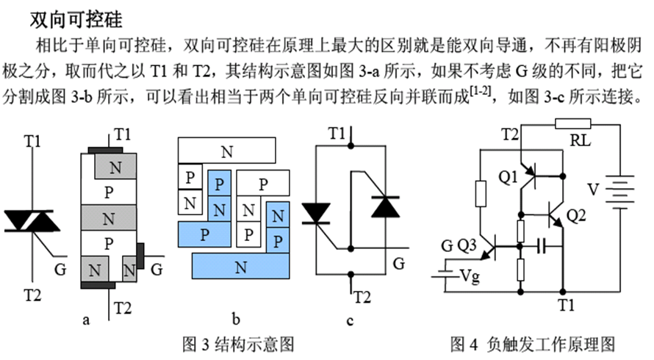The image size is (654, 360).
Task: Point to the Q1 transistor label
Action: point(508,176)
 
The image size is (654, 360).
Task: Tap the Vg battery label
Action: point(470,276)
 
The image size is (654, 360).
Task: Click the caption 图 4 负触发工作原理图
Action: point(532,343)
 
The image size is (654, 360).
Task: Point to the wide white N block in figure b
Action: point(227,151)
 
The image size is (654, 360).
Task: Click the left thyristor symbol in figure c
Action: point(317,212)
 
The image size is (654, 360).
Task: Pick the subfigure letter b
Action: point(236,319)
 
